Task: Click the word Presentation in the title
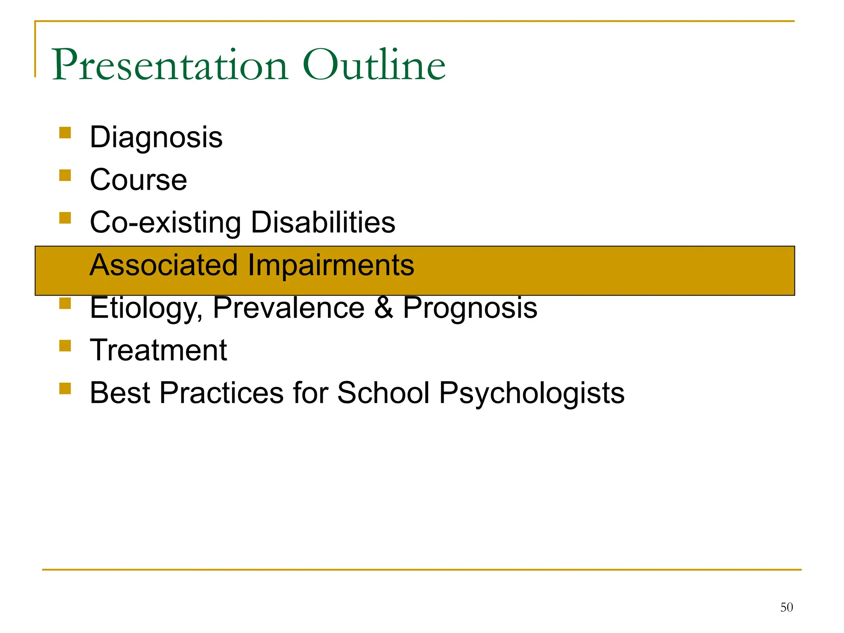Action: tap(169, 65)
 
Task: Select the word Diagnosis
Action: tap(156, 137)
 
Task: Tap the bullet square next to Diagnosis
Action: tap(65, 133)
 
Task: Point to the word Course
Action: tap(138, 180)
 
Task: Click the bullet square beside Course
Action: tap(65, 176)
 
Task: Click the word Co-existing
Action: tap(165, 223)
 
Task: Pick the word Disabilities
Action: tap(323, 222)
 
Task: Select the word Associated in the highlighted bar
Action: tap(164, 265)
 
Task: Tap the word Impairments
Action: tap(331, 265)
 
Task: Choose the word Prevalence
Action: tap(288, 308)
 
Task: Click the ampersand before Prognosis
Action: tap(383, 308)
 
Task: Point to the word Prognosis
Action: tap(470, 308)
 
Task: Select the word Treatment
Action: tap(158, 350)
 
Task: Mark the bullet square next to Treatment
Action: tap(65, 345)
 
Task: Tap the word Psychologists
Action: tap(532, 394)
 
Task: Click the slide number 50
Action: tap(786, 607)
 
